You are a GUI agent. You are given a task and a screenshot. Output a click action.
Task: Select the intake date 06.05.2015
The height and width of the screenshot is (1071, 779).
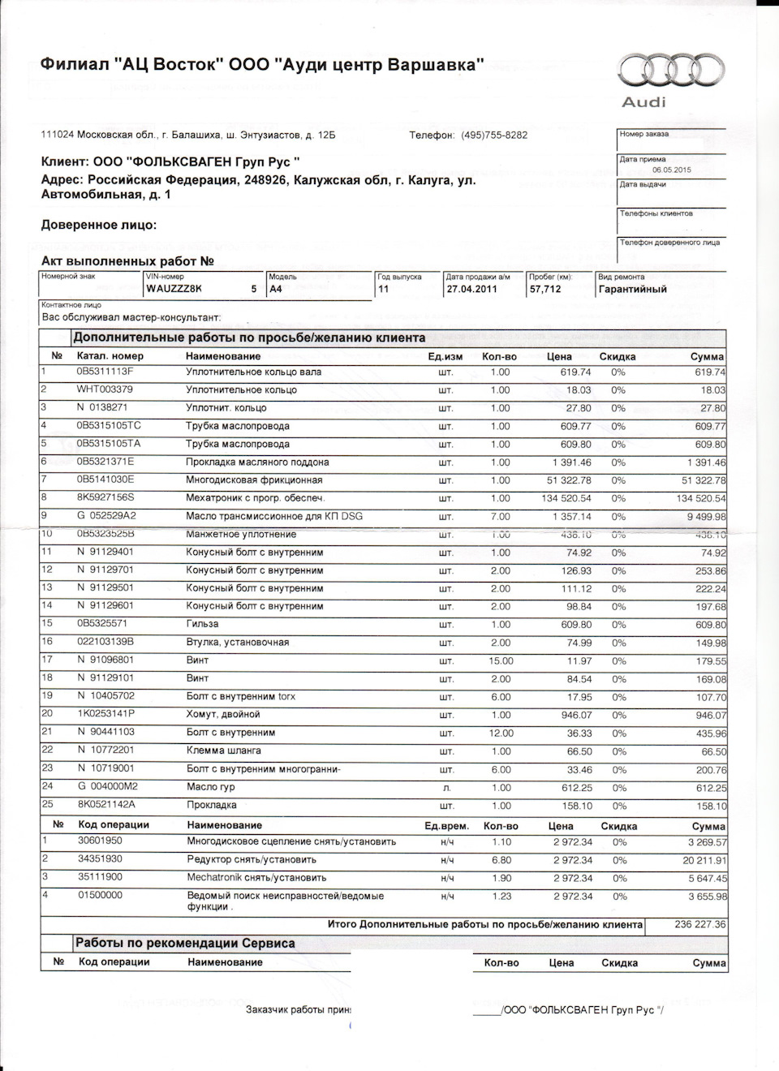671,170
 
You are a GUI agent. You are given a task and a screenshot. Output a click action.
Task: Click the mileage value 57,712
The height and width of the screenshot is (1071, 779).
545,289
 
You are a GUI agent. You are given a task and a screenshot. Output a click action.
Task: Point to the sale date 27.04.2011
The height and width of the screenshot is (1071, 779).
471,289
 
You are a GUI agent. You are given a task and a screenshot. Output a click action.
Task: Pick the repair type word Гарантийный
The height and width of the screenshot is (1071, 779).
632,289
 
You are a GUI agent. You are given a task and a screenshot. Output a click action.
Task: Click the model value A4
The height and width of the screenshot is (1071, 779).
276,289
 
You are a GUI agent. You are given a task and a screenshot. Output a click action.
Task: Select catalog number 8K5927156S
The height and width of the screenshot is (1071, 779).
105,498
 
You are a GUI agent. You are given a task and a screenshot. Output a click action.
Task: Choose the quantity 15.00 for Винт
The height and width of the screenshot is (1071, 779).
500,660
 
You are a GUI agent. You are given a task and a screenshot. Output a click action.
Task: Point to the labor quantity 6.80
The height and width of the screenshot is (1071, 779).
501,860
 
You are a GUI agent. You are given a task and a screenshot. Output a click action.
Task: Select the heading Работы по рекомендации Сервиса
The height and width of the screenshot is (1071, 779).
185,944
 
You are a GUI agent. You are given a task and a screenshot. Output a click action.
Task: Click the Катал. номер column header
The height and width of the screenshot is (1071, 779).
110,356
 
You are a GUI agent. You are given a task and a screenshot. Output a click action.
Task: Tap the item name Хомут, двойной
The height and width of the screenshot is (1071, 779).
223,715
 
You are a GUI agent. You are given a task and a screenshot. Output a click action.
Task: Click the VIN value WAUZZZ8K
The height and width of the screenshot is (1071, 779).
174,289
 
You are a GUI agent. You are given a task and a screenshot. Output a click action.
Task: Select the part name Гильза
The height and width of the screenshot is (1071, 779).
202,625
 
